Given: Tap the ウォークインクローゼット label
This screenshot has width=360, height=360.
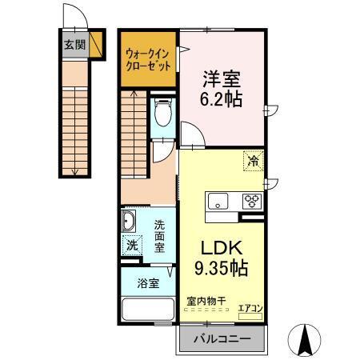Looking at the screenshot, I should (148, 60).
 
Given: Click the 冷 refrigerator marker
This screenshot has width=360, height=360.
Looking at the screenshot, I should (253, 160).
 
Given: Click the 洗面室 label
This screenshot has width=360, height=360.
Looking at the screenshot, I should (160, 237).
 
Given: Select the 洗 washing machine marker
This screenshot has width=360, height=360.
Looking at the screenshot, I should (132, 246).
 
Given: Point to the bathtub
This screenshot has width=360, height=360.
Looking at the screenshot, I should (147, 310).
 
